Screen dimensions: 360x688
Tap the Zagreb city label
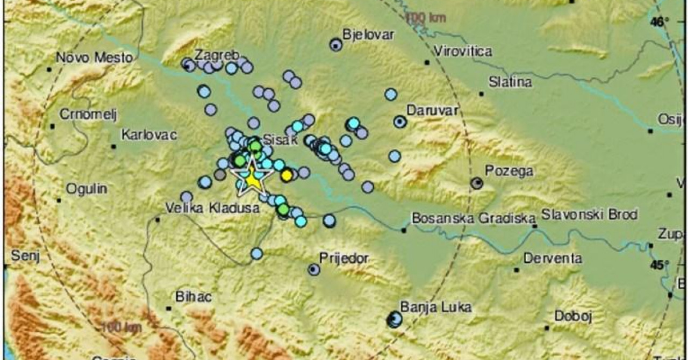pyautogui.click(x=213, y=55)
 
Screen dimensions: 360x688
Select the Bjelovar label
pyautogui.click(x=368, y=35)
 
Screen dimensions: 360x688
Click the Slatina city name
pyautogui.click(x=510, y=82)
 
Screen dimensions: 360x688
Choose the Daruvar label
pyautogui.click(x=432, y=111)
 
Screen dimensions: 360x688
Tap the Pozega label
pyautogui.click(x=509, y=171)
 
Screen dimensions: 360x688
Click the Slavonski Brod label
pyautogui.click(x=589, y=215)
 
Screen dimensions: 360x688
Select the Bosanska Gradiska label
pyautogui.click(x=473, y=219)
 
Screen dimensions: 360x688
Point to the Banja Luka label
pyautogui.click(x=435, y=308)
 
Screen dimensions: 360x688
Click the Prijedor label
pyautogui.click(x=343, y=258)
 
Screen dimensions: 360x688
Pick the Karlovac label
pyautogui.click(x=149, y=134)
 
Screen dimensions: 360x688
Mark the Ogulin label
pyautogui.click(x=87, y=189)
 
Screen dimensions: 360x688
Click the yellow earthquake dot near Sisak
pyautogui.click(x=288, y=175)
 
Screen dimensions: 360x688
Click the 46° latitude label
pyautogui.click(x=660, y=22)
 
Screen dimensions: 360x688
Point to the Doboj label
pyautogui.click(x=572, y=317)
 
